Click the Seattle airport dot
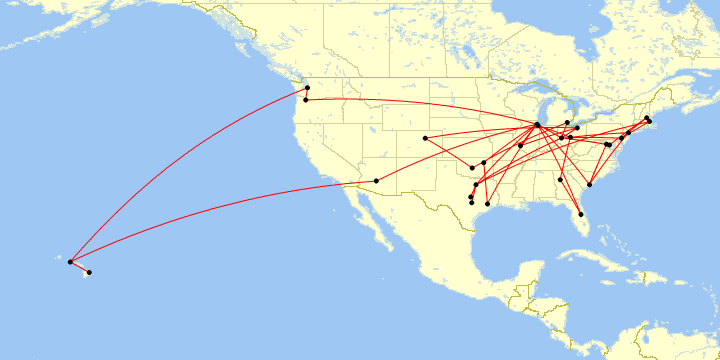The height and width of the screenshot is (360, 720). (x=307, y=89)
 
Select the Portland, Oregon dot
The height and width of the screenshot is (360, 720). (x=305, y=100)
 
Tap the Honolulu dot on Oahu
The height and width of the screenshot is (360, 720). (x=70, y=262)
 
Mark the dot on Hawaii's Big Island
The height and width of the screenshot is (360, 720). (x=89, y=272)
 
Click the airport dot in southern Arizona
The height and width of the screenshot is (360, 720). (x=376, y=181)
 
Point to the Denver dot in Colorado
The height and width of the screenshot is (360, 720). (x=425, y=138)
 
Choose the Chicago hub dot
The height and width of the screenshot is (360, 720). (x=538, y=125)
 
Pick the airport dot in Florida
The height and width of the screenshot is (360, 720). (x=581, y=214)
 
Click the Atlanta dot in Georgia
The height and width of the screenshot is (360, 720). (x=561, y=179)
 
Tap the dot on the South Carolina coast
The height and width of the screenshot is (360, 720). (x=591, y=185)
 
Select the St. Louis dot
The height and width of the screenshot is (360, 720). (x=521, y=145)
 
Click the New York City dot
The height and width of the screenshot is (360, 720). (x=628, y=133)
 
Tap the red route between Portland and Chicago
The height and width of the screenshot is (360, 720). (x=420, y=102)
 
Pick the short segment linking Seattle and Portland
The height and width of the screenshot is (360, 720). (x=306, y=95)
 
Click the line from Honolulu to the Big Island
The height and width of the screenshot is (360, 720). (x=80, y=267)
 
